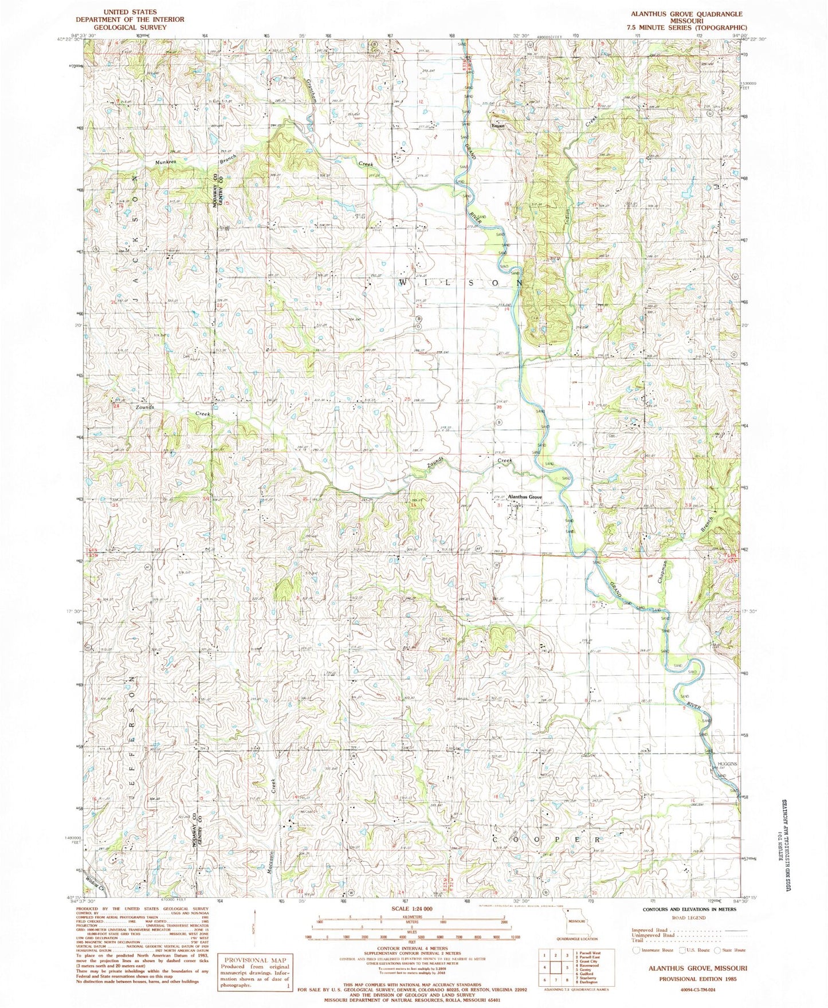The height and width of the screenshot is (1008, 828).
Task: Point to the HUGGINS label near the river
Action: [725, 764]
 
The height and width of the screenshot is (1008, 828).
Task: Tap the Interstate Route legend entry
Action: [654, 950]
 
